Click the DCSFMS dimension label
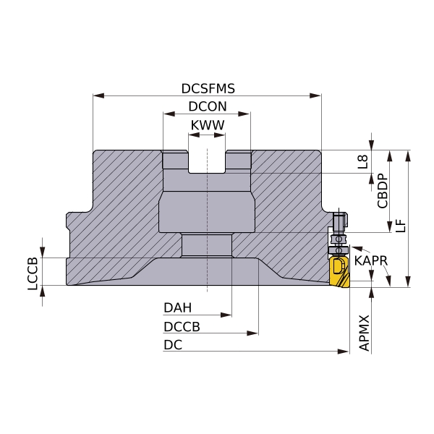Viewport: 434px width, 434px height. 208,88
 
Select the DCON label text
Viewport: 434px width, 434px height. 208,106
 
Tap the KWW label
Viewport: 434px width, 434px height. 208,125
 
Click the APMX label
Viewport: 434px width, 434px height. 364,333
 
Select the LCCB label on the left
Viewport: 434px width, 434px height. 33,273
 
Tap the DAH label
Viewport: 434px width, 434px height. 177,308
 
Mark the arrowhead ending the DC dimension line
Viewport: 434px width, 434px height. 344,352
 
